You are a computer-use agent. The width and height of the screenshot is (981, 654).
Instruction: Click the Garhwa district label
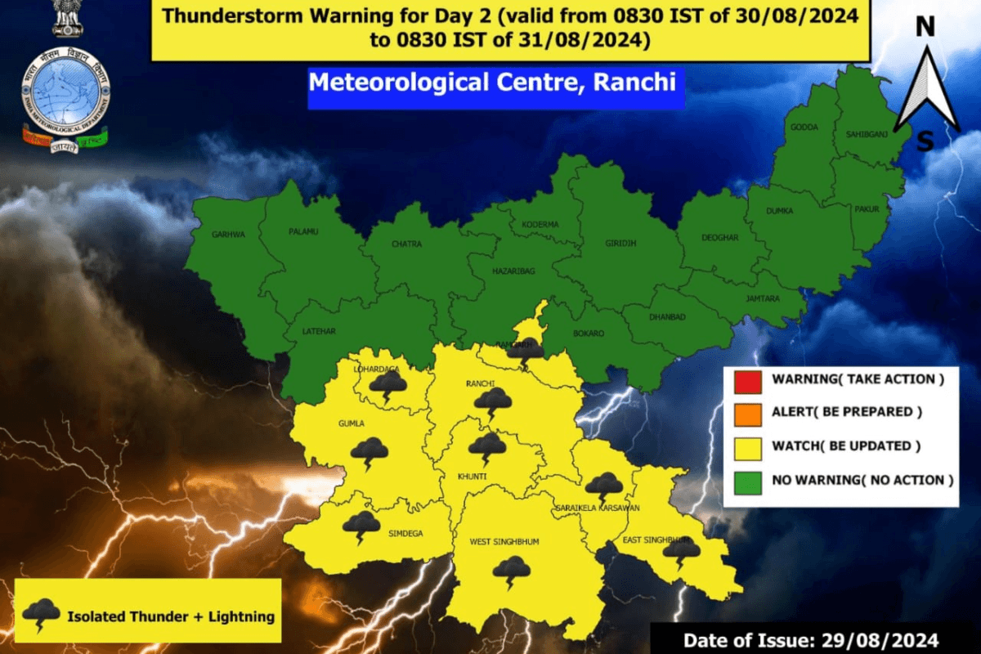[x=228, y=234]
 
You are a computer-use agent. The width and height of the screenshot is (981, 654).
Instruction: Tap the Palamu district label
[x=303, y=231]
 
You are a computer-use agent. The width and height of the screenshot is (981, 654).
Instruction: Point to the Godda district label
[x=804, y=128]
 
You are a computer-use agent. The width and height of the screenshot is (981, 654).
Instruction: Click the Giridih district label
[x=621, y=243]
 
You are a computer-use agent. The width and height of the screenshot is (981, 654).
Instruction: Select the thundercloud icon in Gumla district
[x=370, y=451]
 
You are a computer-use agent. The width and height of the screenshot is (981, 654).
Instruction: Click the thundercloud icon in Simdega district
[x=361, y=526]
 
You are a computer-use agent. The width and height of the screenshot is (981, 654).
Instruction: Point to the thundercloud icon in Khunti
[x=487, y=447]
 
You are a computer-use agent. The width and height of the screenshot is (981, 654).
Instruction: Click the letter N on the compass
[x=925, y=27]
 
